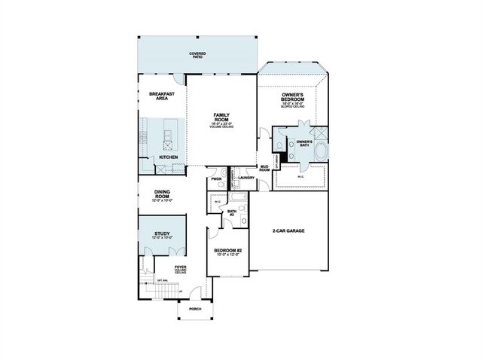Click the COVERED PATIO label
tap(198, 55)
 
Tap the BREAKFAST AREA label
tap(162, 96)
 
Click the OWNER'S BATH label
tap(304, 143)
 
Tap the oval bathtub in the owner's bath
tap(322, 150)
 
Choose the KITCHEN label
tap(168, 157)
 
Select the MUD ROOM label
tap(265, 169)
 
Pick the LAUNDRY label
tap(246, 178)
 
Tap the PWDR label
tap(216, 179)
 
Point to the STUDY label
tap(162, 234)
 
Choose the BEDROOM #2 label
tap(227, 252)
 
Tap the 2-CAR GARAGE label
tap(288, 230)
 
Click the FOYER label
tap(180, 268)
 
